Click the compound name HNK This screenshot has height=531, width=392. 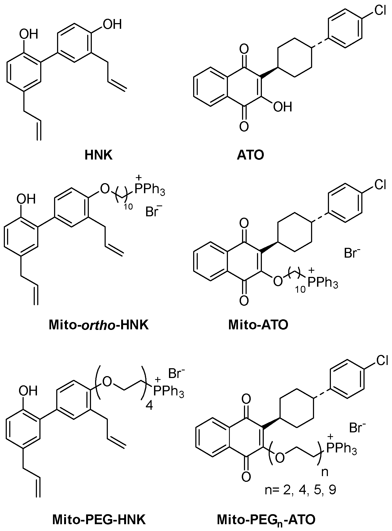coord(99,155)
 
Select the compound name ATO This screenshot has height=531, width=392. coord(250,155)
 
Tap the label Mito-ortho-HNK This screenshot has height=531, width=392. coord(99,325)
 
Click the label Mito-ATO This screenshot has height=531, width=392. coord(258,325)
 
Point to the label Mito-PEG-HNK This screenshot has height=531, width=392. coord(99,520)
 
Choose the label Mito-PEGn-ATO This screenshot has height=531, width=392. coord(266,520)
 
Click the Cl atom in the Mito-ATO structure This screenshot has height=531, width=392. coord(380,185)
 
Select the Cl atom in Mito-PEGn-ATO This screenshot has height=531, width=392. coord(381,361)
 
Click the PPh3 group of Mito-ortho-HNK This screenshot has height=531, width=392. coord(150,190)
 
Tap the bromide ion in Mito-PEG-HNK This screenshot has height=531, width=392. coord(177,374)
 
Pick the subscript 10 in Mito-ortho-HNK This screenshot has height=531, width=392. coord(128,207)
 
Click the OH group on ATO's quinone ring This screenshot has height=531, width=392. coord(282,107)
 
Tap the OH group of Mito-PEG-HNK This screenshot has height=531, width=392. coord(28,391)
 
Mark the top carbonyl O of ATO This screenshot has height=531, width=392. coord(244,49)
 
